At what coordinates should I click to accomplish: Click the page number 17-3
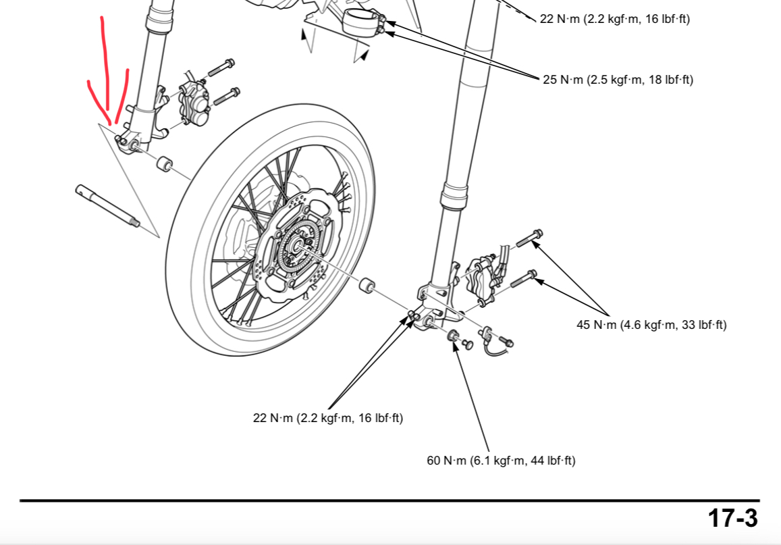(732, 519)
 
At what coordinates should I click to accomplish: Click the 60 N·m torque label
(501, 461)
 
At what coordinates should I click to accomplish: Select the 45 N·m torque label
(651, 325)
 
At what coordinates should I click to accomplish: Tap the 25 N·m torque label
(618, 80)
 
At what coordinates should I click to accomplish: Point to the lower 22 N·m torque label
(328, 418)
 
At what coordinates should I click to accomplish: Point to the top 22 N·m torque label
(615, 19)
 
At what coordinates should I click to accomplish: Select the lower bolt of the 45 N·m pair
(524, 278)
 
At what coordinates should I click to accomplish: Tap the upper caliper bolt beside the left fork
(221, 68)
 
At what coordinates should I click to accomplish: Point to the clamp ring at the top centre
(361, 22)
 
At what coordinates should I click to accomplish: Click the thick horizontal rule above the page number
(389, 500)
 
